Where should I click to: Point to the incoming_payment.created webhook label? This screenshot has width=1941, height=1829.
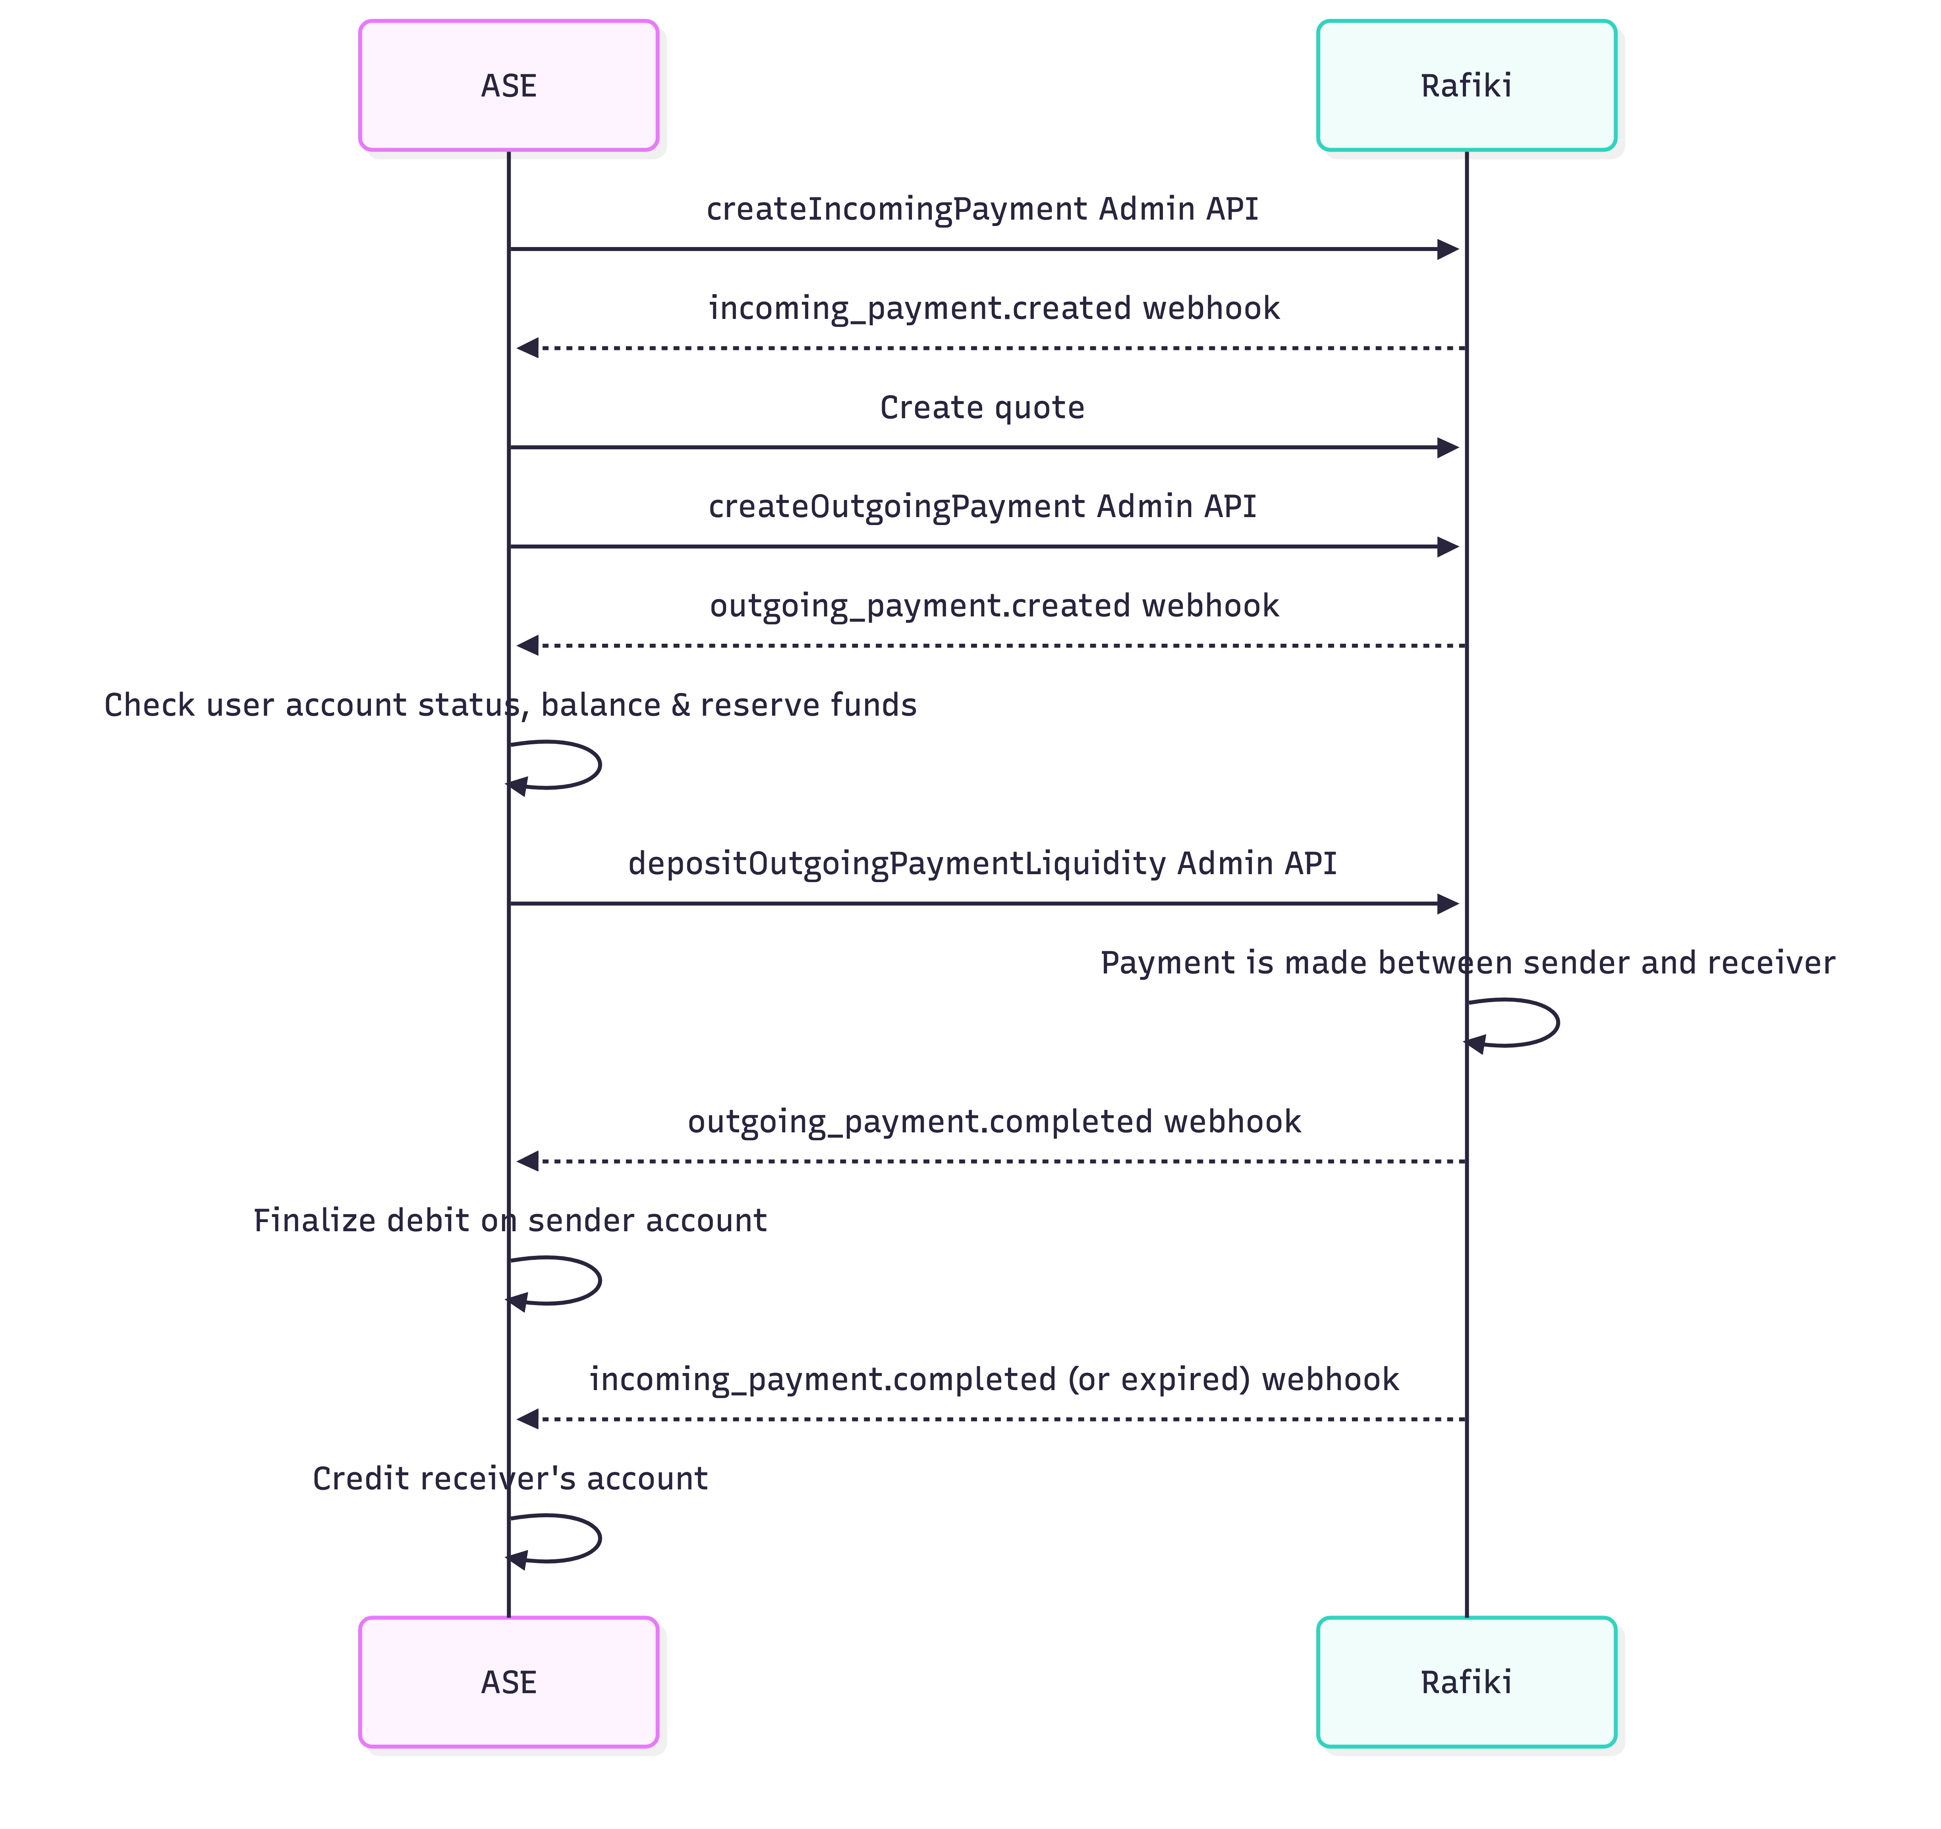coord(993,309)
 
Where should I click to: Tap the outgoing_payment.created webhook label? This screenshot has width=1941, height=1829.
coord(993,606)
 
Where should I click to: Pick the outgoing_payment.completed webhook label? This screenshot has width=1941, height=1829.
coord(993,1122)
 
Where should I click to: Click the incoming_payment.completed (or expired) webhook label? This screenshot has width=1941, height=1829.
coord(993,1380)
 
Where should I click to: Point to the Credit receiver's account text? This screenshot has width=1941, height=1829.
coord(510,1478)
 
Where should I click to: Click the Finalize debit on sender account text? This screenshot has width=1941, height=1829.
coord(510,1221)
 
